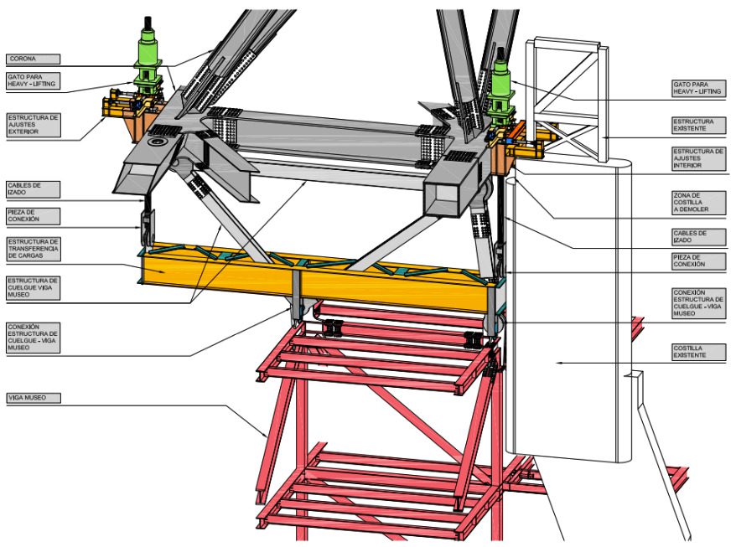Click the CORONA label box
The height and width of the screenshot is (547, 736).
pos(33,59)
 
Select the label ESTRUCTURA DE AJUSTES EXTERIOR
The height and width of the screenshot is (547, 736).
pos(34,124)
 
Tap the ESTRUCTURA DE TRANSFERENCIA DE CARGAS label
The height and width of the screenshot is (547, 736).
pos(34,249)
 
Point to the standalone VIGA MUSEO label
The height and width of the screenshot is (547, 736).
pos(34,398)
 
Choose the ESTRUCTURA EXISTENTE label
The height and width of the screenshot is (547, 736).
pos(698,125)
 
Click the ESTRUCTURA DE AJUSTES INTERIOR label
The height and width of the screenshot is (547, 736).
pos(698,158)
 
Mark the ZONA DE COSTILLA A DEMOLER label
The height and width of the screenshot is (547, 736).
pos(698,202)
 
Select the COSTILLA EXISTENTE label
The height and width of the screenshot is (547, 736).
pos(698,352)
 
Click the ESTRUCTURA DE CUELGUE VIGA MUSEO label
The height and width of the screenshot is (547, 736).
pos(34,287)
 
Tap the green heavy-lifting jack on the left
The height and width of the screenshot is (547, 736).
pos(148,59)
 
